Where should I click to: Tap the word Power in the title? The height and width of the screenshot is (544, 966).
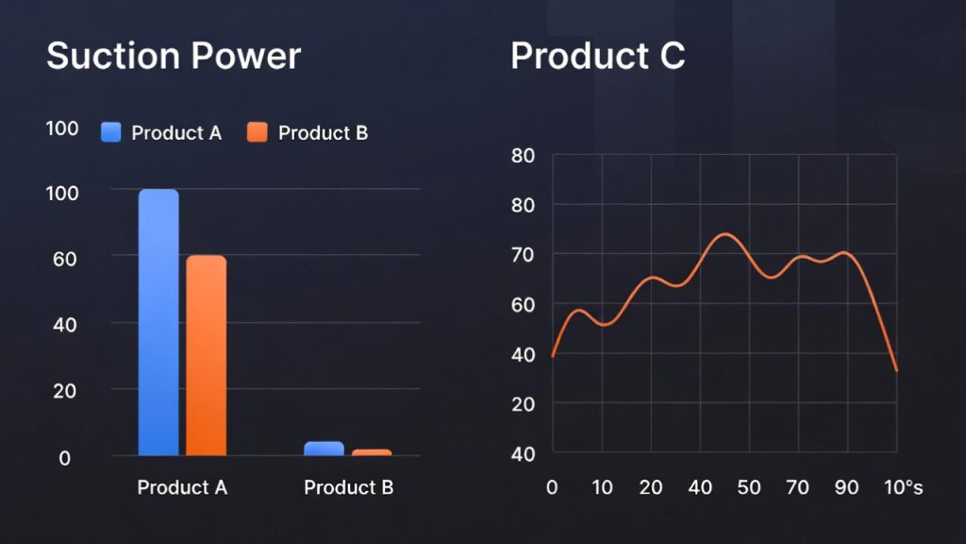(x=247, y=57)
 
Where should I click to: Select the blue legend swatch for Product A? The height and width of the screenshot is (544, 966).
(x=112, y=132)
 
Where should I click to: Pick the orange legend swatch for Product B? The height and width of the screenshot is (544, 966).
(x=258, y=132)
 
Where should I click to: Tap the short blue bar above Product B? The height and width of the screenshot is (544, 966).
(x=324, y=449)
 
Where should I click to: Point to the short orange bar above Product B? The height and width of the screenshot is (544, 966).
(x=372, y=452)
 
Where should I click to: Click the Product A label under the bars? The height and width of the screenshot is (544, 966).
(x=182, y=488)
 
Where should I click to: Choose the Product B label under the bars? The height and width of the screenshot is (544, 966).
(x=348, y=488)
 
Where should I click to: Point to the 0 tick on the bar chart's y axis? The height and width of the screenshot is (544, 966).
(x=65, y=458)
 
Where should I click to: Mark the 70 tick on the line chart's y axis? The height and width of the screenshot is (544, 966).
(x=524, y=255)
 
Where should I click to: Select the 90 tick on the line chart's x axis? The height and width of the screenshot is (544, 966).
(x=847, y=488)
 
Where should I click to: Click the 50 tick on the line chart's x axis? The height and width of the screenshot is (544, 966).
(x=749, y=488)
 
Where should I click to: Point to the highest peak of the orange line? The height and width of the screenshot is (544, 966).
(x=724, y=233)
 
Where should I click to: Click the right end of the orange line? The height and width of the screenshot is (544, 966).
(x=896, y=371)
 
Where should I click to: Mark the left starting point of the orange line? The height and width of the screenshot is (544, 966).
(x=553, y=356)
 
